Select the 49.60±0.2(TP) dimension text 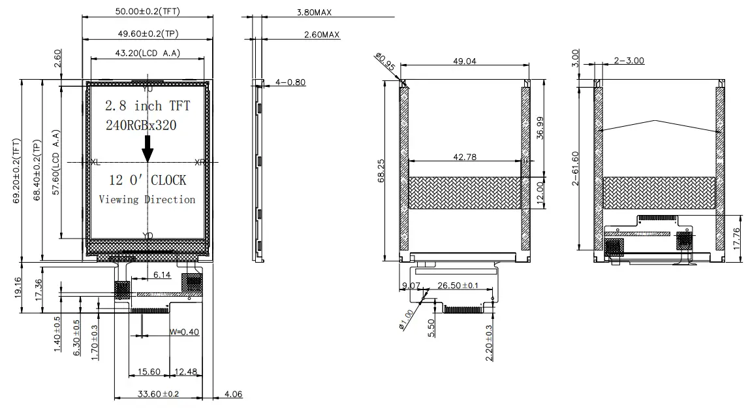pos(146,33)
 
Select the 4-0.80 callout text pos(290,82)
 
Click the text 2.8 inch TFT pos(148,106)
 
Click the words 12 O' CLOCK pos(148,180)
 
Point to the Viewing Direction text pos(147,199)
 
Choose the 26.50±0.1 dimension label pos(458,285)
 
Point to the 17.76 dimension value pos(737,238)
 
